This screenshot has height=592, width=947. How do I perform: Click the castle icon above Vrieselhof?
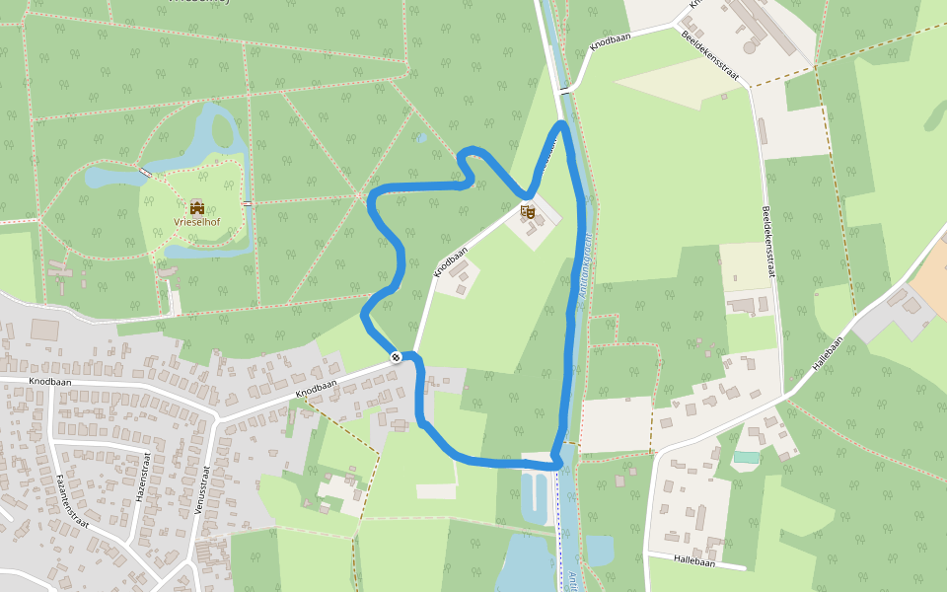196,207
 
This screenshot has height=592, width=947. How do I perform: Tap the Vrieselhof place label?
196,223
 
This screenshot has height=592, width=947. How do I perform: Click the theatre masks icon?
528,210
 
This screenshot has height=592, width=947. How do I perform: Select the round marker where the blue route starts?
396,356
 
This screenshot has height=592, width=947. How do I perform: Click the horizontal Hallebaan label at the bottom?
693,559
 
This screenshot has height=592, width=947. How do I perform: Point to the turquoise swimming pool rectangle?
747,457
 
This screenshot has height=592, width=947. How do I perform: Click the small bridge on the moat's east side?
248,203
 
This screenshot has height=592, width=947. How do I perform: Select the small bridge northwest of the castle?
146,174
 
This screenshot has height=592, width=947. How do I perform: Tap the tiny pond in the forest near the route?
422,138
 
